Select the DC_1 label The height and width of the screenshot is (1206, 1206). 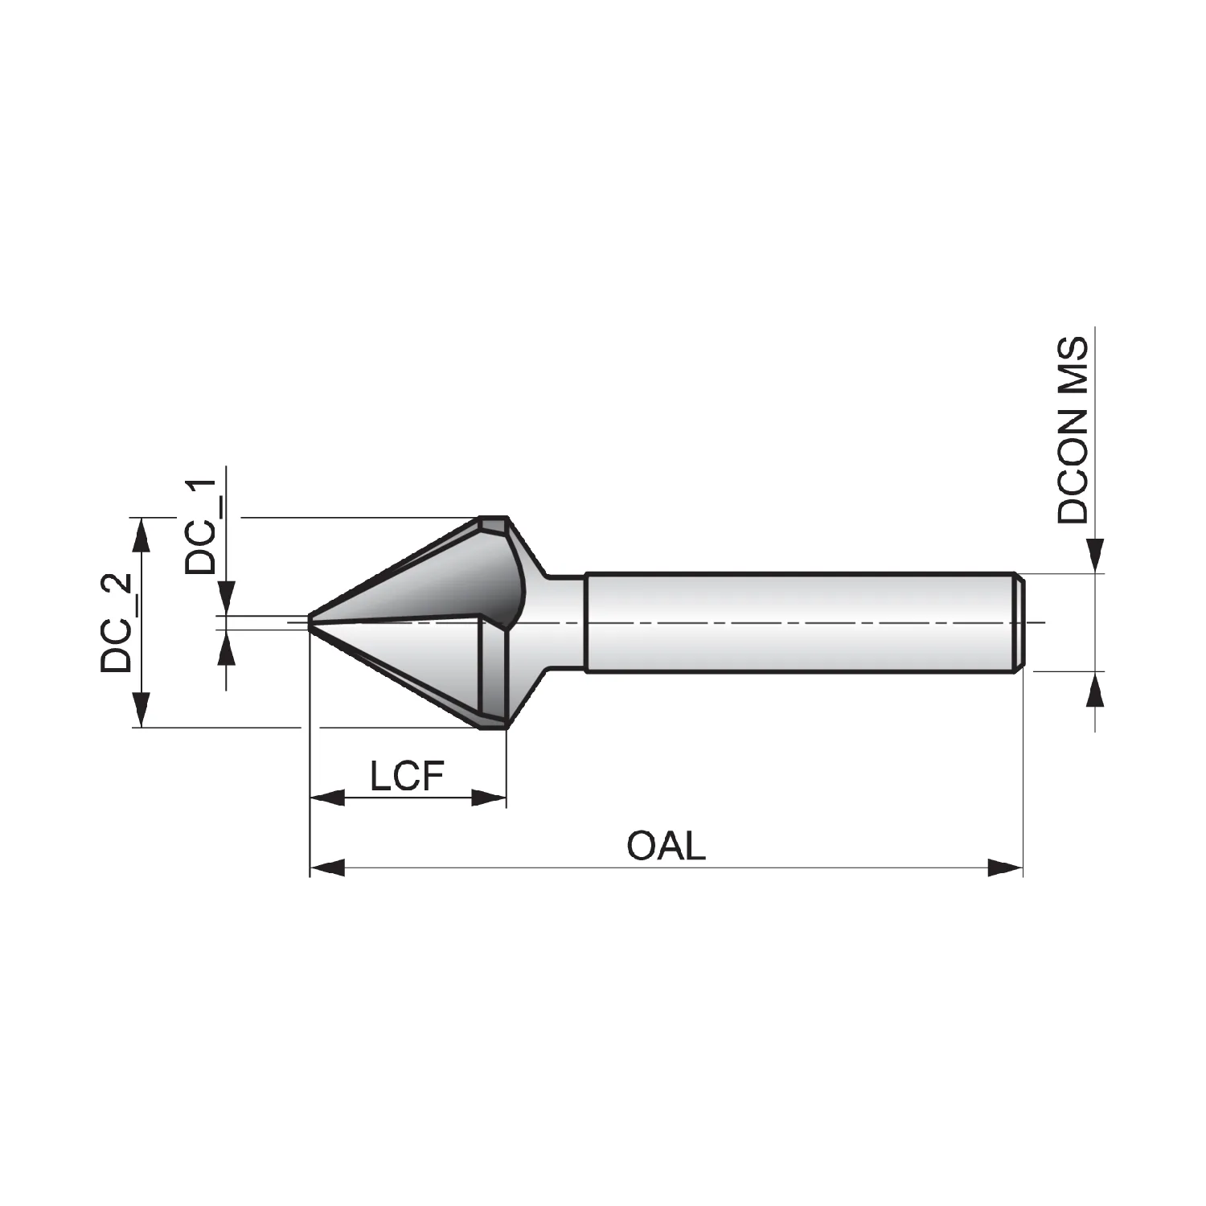(200, 527)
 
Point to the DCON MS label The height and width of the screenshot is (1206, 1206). (1073, 430)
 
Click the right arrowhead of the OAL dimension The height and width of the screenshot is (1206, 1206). (1005, 868)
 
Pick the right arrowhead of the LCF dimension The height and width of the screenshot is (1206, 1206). (489, 798)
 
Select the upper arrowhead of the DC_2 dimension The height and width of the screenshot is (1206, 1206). (142, 535)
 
